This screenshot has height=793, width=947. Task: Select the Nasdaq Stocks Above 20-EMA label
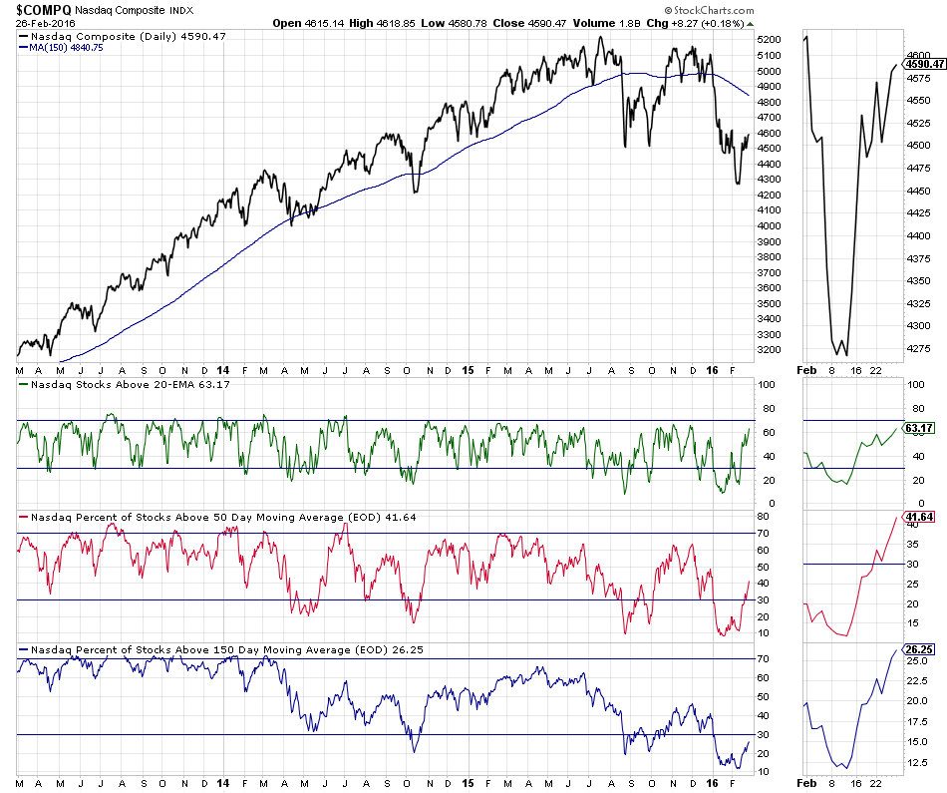130,384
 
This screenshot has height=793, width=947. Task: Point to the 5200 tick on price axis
770,40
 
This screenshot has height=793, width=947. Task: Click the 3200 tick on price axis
770,350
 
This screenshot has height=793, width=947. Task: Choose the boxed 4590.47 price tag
924,64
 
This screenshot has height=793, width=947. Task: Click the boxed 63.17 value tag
920,427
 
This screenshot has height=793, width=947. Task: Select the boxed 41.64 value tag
920,517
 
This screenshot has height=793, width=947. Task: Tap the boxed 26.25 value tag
920,648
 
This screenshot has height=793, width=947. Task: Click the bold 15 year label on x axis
468,370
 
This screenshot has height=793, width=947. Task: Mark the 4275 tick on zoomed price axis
920,348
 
